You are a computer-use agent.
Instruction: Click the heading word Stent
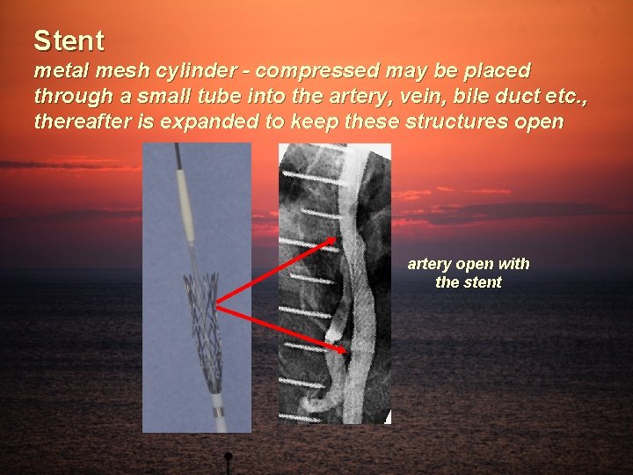pos(69,40)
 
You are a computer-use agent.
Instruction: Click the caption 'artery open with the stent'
pos(468,273)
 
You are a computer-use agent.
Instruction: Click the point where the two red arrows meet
pos(216,306)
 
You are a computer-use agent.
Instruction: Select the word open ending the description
pos(535,121)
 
